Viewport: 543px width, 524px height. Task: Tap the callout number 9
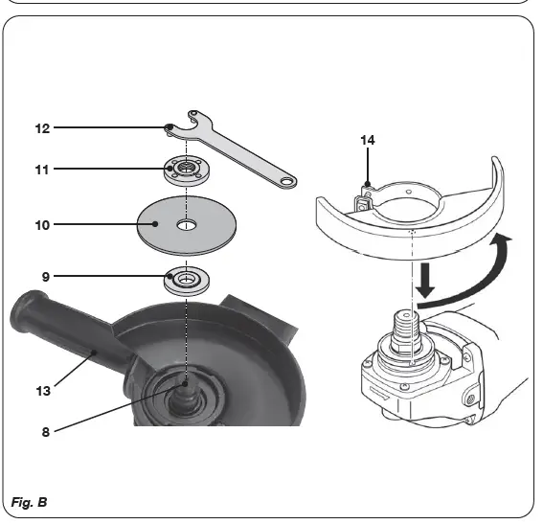point(45,277)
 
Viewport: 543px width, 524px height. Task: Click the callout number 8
point(45,432)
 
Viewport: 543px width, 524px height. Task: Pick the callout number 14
point(368,140)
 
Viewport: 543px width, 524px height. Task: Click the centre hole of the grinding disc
point(184,227)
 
